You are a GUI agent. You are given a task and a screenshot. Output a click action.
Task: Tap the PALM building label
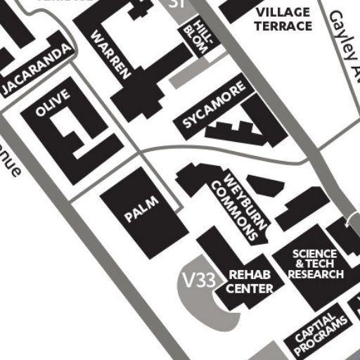coord(142,210)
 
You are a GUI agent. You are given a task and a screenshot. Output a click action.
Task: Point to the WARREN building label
coord(112,53)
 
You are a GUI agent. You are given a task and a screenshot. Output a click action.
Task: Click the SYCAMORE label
coord(215,106)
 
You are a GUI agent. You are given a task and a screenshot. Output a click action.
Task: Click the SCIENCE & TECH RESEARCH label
coord(316,264)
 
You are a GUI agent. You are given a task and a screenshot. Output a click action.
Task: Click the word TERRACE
coord(284,26)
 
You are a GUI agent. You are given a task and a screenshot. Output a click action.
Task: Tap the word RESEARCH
coord(316,274)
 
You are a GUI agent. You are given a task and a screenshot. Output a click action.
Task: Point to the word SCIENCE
coord(315,254)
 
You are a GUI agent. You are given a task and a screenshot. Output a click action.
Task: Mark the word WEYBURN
coord(247,201)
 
